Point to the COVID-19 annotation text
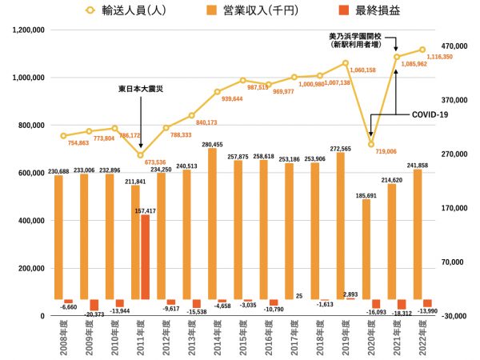[x=430, y=114]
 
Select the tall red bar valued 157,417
[x=145, y=257]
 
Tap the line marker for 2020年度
[x=371, y=144]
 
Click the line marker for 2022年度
[x=422, y=50]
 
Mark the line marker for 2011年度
[x=141, y=155]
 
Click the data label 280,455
[x=212, y=144]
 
